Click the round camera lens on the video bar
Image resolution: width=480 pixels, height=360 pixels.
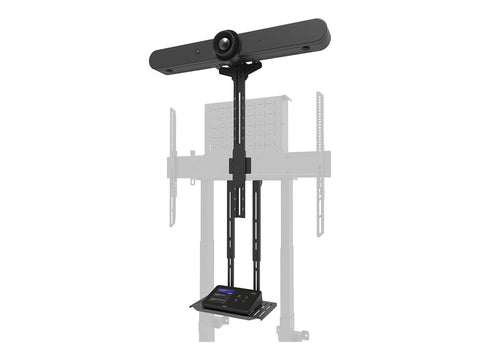click(x=226, y=45)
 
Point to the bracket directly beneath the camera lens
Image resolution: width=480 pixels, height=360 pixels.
click(x=240, y=69)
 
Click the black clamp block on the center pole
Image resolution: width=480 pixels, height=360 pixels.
click(x=239, y=165)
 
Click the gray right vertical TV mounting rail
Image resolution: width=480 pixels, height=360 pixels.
click(x=320, y=160)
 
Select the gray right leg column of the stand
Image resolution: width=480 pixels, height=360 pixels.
click(x=287, y=250)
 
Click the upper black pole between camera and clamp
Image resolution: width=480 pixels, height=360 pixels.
click(x=239, y=115)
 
